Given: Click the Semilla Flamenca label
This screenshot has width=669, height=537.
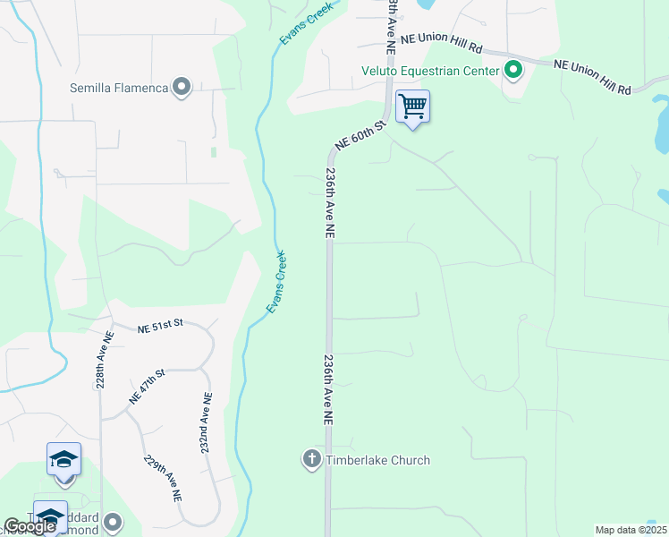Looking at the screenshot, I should click(120, 88).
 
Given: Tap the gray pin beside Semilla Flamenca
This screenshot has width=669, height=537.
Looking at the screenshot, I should click(182, 87).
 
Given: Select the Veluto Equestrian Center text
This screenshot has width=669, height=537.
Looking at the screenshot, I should click(431, 71).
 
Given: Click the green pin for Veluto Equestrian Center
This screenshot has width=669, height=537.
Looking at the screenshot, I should click(512, 70).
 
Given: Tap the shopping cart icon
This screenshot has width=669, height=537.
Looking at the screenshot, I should click(412, 107).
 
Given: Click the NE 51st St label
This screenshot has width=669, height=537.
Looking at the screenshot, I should click(160, 328).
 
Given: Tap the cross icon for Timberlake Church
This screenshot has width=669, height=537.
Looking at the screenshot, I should click(311, 460).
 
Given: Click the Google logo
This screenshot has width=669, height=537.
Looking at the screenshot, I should click(30, 527).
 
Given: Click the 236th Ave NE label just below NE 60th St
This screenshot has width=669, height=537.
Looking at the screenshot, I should click(330, 202).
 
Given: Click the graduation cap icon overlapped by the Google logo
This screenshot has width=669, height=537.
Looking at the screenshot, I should click(50, 518).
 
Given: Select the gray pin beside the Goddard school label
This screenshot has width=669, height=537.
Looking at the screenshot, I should click(113, 521).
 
